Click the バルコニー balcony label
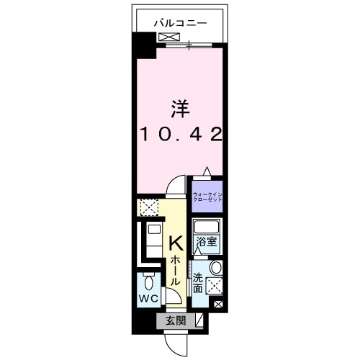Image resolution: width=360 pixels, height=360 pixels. point(180,23)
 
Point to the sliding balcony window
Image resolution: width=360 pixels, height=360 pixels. point(189,47)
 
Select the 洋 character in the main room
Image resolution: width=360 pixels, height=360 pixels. point(180,109)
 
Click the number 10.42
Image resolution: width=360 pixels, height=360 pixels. point(180,134)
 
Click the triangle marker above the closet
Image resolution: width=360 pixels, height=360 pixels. point(207,171)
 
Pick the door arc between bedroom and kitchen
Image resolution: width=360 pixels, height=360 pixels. point(176,188)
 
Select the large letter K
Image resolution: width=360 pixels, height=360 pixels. point(176,244)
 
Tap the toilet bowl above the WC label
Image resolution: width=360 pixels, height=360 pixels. point(150,280)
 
